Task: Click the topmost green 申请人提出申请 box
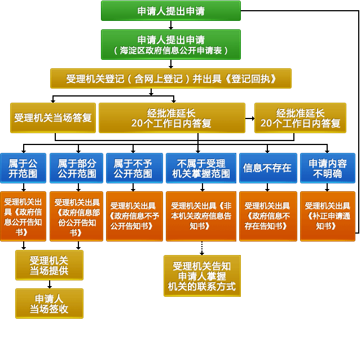pos(171,11)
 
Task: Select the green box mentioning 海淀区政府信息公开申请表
pos(171,44)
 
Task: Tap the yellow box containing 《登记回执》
pos(171,78)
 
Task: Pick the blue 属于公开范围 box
pos(23,168)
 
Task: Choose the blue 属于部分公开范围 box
pos(77,168)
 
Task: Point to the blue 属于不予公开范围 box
pos(134,168)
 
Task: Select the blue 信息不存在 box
pos(267,168)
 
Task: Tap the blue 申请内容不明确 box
pos(327,168)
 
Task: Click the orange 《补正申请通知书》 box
pos(327,216)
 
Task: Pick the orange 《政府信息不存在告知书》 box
pos(267,216)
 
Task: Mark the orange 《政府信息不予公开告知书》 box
pos(134,216)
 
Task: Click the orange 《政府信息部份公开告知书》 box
pos(77,216)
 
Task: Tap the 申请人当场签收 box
pos(49,303)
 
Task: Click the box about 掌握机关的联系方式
pos(201,276)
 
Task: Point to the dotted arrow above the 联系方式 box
pos(201,248)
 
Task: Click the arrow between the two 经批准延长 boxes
pos(249,118)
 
